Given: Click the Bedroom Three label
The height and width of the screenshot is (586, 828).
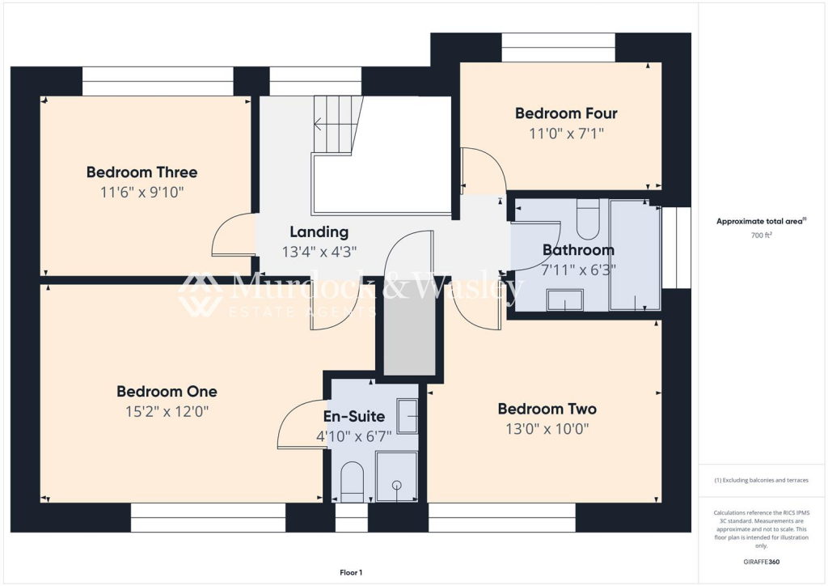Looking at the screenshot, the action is click(x=142, y=172).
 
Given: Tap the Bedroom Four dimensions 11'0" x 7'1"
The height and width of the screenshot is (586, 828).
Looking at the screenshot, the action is click(x=566, y=134).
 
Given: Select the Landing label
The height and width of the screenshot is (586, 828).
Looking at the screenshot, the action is click(x=319, y=232).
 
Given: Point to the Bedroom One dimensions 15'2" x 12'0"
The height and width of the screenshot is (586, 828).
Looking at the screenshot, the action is click(x=167, y=411).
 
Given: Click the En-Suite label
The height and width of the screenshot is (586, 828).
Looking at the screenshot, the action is click(x=354, y=416).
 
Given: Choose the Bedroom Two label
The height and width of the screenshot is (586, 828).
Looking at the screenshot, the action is click(x=547, y=409).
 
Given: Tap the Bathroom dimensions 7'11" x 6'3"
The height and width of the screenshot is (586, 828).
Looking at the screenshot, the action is click(x=579, y=270).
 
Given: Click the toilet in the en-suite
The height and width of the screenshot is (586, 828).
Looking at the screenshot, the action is click(x=352, y=482).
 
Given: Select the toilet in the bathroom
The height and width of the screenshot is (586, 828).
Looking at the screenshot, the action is click(x=587, y=219).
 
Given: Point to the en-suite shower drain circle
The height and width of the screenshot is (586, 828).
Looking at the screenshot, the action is click(x=396, y=485).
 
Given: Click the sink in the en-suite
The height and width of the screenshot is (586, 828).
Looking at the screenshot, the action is click(x=408, y=416).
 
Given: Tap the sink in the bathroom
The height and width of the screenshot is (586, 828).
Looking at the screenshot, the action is click(x=565, y=300).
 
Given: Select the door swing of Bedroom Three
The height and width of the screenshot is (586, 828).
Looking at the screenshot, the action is click(x=233, y=235).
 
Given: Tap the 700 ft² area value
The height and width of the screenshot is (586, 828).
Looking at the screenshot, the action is click(x=761, y=236).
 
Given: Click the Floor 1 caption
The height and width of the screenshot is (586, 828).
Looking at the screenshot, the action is click(x=351, y=572).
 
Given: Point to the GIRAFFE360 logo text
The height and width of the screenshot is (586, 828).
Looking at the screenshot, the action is click(x=761, y=562).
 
